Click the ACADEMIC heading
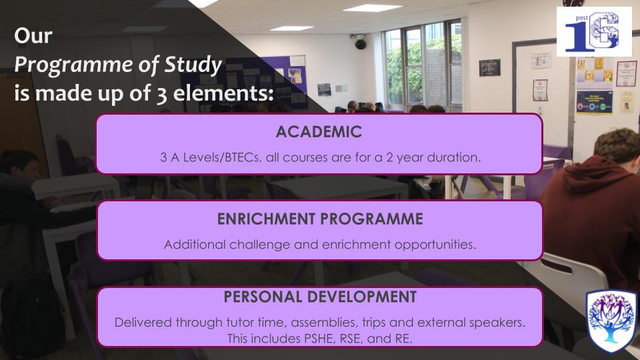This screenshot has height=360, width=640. pos(319,132)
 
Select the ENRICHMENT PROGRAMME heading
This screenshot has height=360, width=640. pos(319,219)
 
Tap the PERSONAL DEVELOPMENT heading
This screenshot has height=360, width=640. pos(320,297)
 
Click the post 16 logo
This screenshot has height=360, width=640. pos(594,31)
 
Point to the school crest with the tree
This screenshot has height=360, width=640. pos(611,321)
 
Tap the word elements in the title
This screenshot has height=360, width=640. pos(223,93)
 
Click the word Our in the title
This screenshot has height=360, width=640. pos(33,36)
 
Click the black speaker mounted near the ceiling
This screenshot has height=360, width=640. pos(360,43)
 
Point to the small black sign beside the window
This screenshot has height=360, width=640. pos(489,67)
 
